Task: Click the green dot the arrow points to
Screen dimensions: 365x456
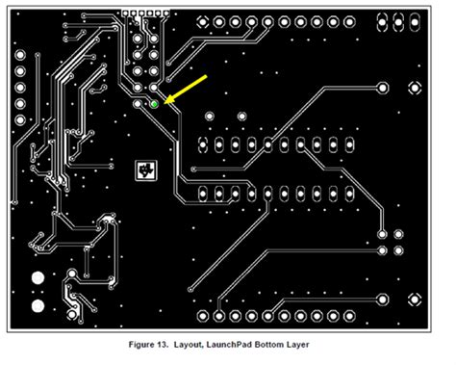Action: coord(154,102)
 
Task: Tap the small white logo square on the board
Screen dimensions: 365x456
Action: coord(146,170)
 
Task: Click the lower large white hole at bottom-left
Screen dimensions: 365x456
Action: coord(38,307)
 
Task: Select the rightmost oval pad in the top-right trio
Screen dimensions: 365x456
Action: coord(417,18)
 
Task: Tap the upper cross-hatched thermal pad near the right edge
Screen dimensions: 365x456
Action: coord(416,88)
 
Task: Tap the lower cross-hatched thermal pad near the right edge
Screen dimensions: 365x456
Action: coord(416,300)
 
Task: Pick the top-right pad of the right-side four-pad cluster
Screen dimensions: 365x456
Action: coord(399,234)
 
